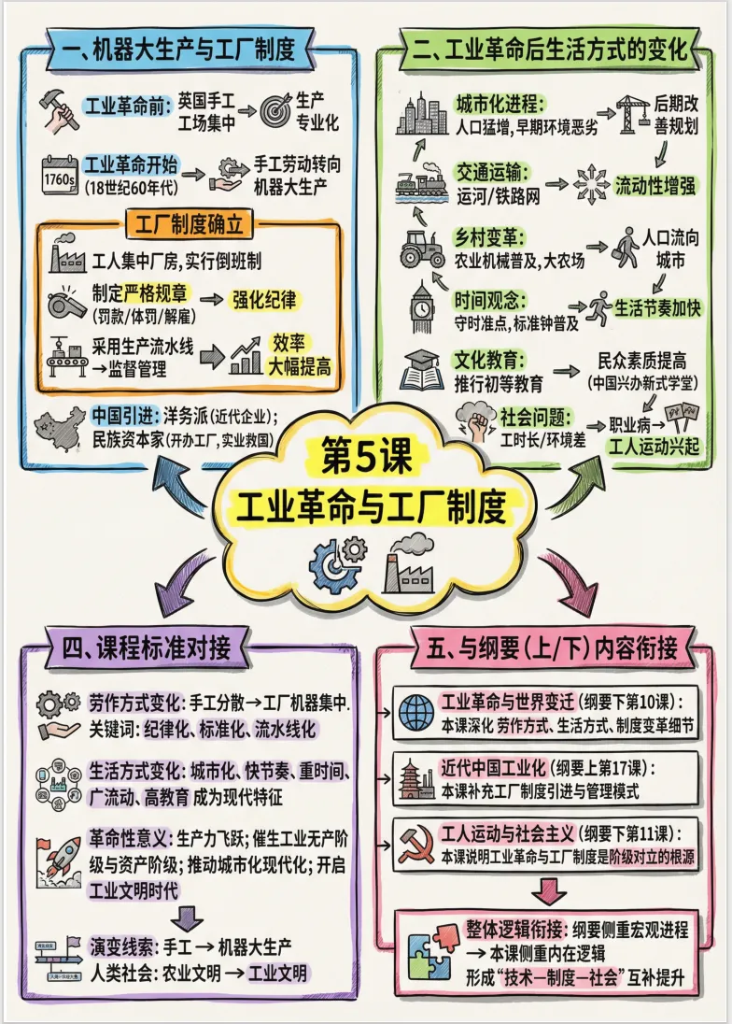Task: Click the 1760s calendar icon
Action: pos(58,174)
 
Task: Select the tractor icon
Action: pos(423,248)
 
